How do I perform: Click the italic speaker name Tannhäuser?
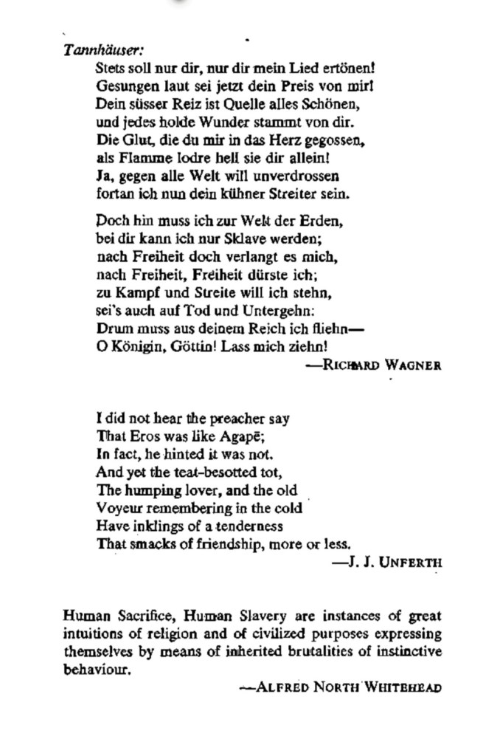102,50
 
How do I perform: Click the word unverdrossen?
299,176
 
